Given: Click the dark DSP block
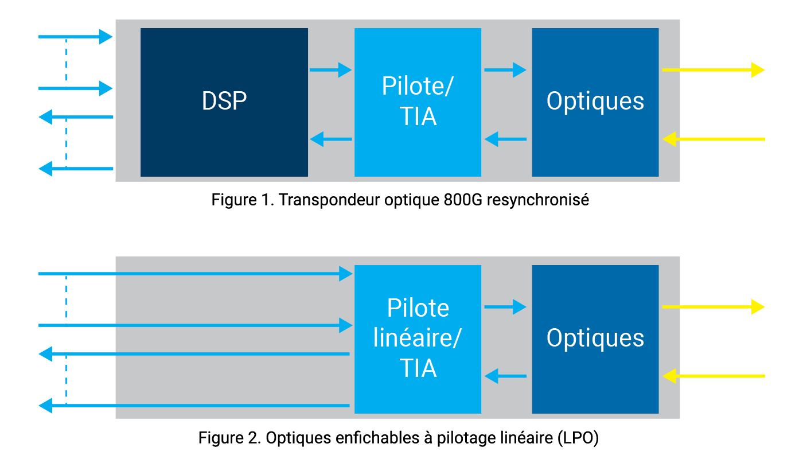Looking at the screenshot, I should point(224,102).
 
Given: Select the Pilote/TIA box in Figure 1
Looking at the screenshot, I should point(418,102).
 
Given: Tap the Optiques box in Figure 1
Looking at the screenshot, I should point(595,102).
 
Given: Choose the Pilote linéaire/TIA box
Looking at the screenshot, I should point(418,339).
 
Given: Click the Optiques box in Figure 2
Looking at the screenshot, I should point(595,339).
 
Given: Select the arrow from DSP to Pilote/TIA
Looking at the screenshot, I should point(330,70).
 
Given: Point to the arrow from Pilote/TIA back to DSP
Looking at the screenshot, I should point(330,139).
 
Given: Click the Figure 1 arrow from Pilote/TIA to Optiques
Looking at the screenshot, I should point(505,70).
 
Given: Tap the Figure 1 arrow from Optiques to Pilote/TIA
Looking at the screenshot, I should point(505,139).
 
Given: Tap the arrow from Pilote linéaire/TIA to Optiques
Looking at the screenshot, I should point(505,307).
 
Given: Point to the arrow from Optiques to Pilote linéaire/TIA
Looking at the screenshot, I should point(505,376).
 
